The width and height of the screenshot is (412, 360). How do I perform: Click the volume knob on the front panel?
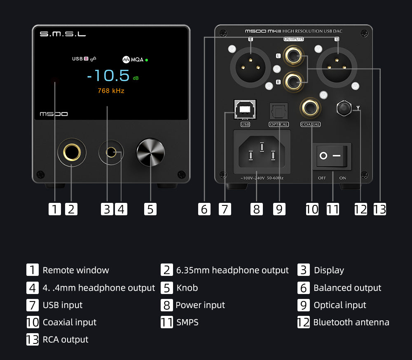pyautogui.click(x=150, y=152)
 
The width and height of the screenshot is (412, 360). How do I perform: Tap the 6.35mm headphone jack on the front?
pyautogui.click(x=72, y=152)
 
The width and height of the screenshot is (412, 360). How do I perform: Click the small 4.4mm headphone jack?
pyautogui.click(x=111, y=152)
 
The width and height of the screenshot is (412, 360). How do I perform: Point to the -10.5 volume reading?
pyautogui.click(x=108, y=76)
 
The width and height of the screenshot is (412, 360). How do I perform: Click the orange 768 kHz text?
pyautogui.click(x=111, y=91)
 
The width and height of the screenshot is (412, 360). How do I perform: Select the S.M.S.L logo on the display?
pyautogui.click(x=63, y=34)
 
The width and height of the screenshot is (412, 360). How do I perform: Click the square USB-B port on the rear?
pyautogui.click(x=245, y=109)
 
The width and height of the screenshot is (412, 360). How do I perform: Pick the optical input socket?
pyautogui.click(x=279, y=111)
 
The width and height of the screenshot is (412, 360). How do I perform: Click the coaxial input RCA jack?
pyautogui.click(x=310, y=108)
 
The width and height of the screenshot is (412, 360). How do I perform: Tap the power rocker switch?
pyautogui.click(x=332, y=156)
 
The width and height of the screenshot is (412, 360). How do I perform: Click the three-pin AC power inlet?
pyautogui.click(x=262, y=152)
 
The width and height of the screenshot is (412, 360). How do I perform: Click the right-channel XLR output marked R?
pyautogui.click(x=250, y=68)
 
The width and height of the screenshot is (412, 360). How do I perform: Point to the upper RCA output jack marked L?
pyautogui.click(x=293, y=56)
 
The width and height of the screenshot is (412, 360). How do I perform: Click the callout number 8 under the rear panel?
pyautogui.click(x=256, y=209)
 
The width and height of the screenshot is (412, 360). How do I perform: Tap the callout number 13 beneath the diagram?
pyautogui.click(x=380, y=209)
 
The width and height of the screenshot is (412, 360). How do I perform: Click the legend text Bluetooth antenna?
pyautogui.click(x=351, y=322)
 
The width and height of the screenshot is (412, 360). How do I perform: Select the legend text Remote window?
pyautogui.click(x=76, y=271)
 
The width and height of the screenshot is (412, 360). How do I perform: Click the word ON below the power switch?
pyautogui.click(x=343, y=178)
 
